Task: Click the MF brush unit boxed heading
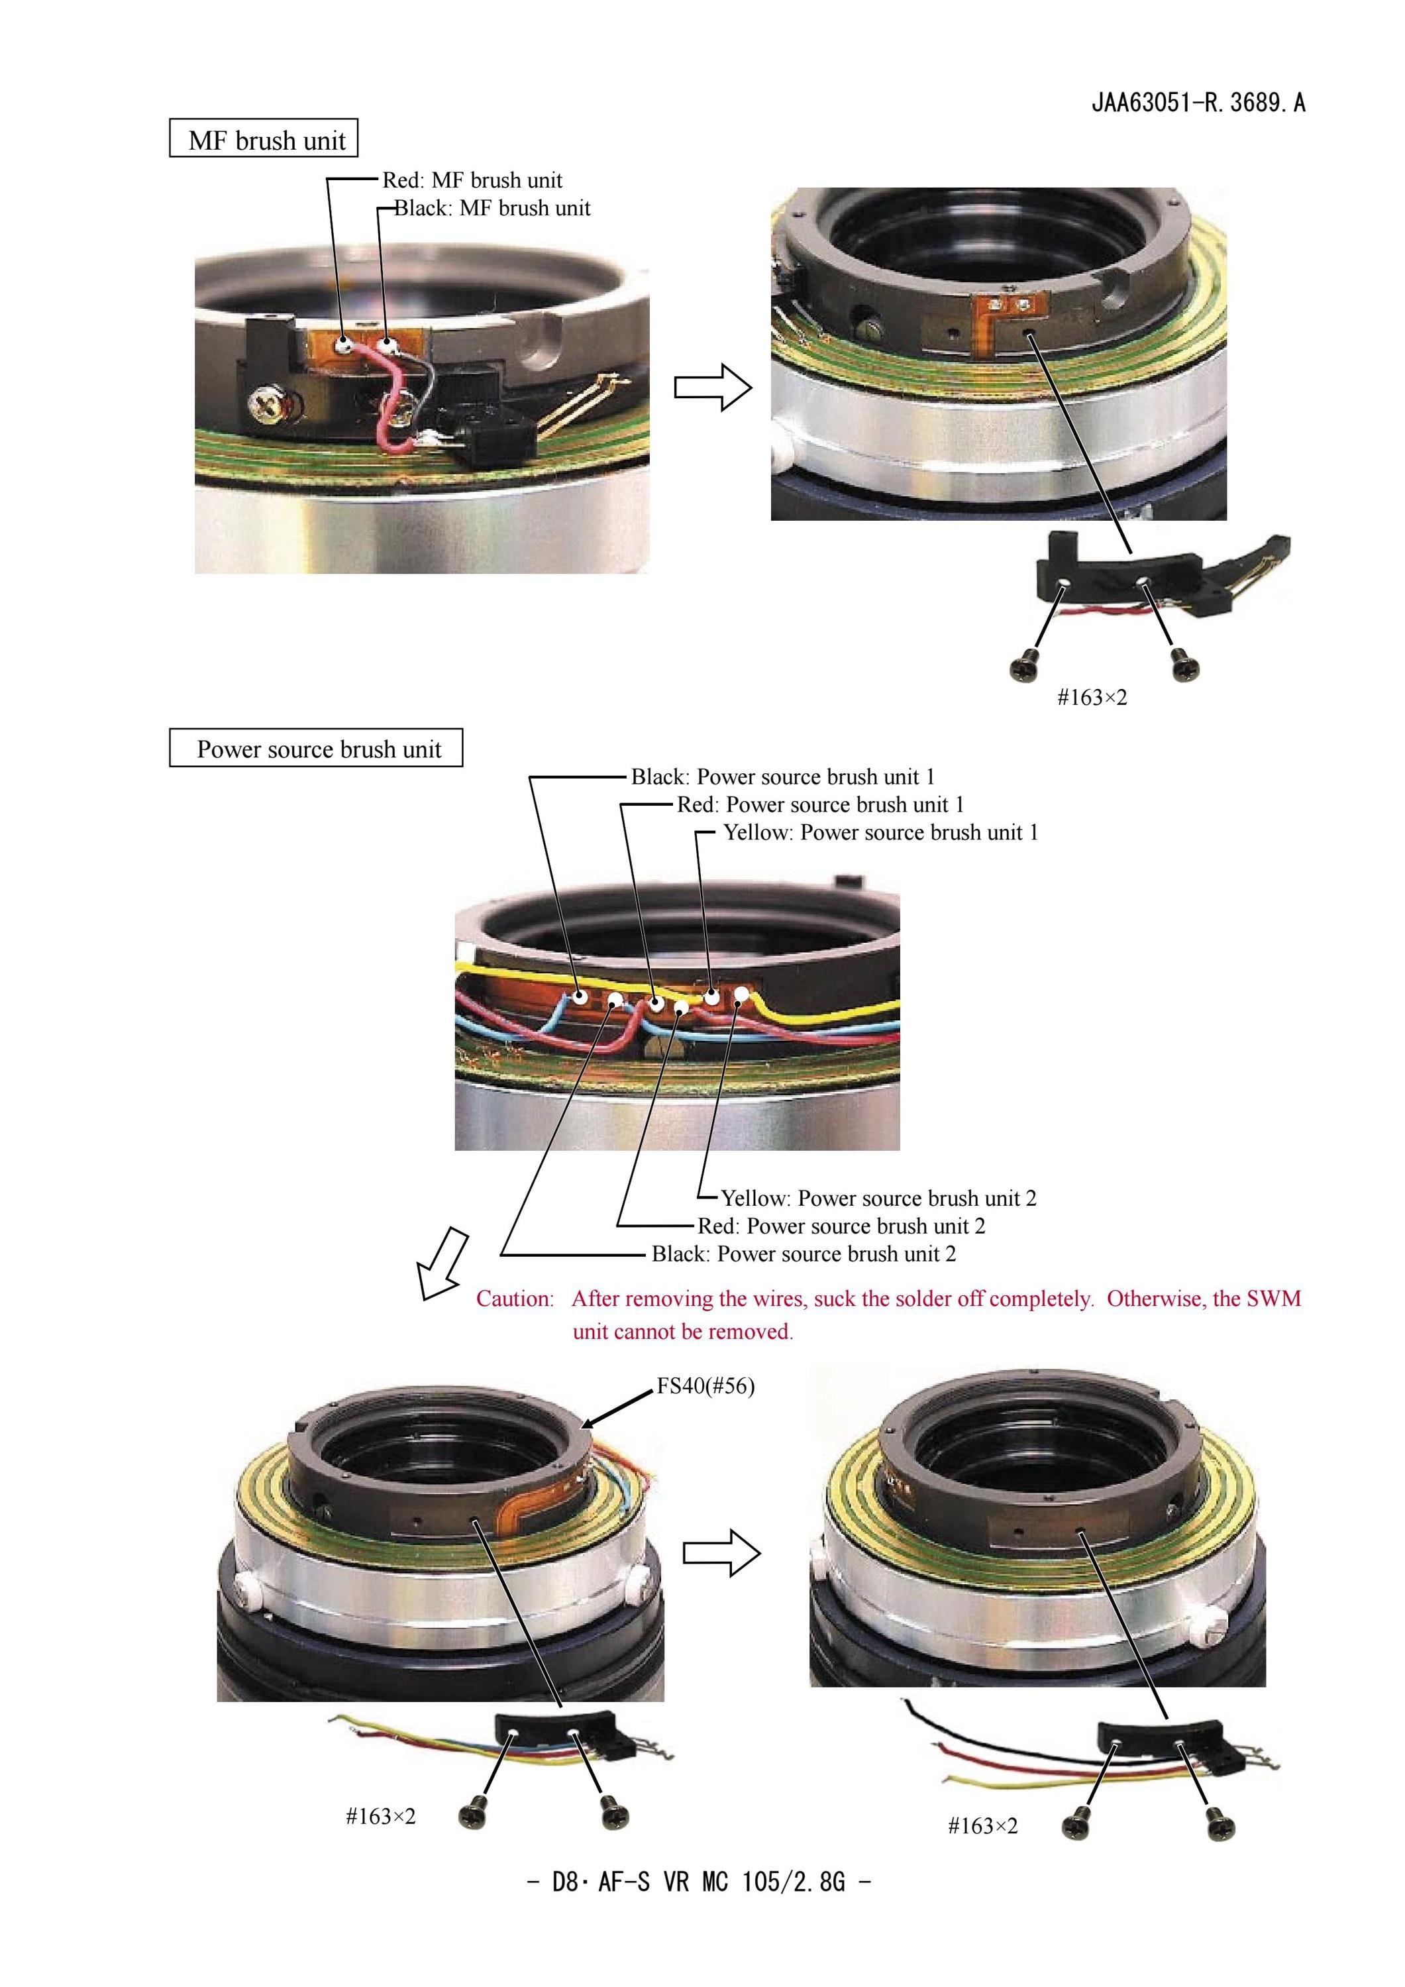click(263, 138)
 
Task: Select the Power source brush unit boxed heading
click(316, 748)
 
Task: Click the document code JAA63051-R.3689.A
click(1198, 103)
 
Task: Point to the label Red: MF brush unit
click(472, 180)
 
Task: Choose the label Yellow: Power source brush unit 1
click(881, 833)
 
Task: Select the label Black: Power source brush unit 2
click(804, 1254)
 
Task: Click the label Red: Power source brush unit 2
click(841, 1226)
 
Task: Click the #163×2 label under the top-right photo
click(1092, 698)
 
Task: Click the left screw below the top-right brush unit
click(1023, 664)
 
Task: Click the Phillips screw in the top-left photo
click(261, 402)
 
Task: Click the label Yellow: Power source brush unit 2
click(879, 1199)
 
